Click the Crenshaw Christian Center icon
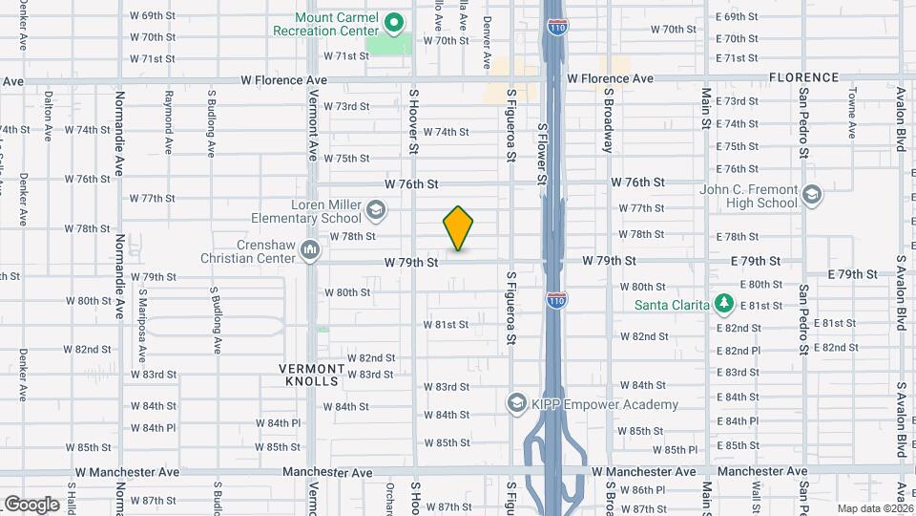point(309,250)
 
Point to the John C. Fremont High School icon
point(811,196)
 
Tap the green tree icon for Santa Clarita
point(724,304)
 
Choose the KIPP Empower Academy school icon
point(517,404)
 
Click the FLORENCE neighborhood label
point(804,77)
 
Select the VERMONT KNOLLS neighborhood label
point(312,375)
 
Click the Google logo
point(31,505)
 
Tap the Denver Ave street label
point(487,43)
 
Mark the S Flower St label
point(541,153)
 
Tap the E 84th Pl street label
point(738,421)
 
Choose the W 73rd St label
point(346,106)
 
